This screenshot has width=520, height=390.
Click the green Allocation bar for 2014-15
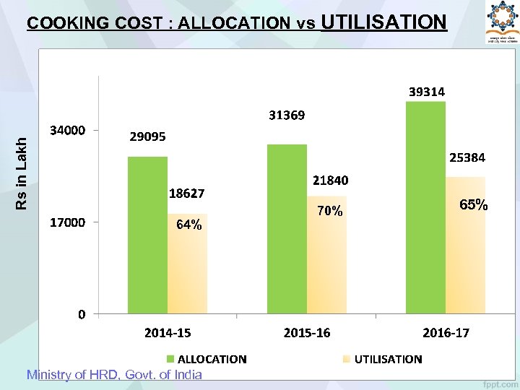coord(147,235)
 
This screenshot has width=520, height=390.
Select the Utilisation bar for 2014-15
coord(187,264)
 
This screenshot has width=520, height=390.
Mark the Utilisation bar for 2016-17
coord(465,246)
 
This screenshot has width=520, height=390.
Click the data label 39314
coord(427,92)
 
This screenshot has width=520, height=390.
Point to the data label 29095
coord(147,136)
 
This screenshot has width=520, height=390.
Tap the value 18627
coord(186,194)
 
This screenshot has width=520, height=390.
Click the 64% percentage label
coord(189,225)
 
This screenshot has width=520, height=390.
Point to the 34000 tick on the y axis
coord(67,131)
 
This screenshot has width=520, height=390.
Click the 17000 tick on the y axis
coord(67,222)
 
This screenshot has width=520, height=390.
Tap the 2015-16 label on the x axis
coord(307,333)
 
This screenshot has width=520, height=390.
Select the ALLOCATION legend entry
coord(206,359)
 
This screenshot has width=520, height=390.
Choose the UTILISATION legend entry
coord(382,359)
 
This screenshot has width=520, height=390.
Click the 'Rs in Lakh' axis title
coord(24,164)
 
